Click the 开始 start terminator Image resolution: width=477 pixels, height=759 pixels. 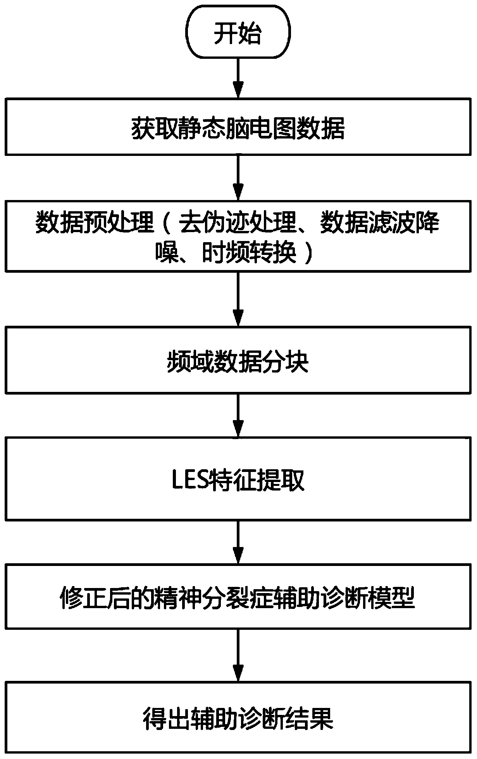pos(238,33)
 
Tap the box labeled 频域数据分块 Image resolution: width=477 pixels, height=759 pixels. pos(238,361)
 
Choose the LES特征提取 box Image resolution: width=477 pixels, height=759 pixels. pos(238,479)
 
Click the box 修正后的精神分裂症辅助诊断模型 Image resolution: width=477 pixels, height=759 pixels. pos(238,597)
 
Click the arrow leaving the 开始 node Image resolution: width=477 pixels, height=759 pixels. pos(238,79)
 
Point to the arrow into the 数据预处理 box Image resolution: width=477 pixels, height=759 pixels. pos(238,178)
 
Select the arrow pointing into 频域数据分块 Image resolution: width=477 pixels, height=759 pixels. pos(238,299)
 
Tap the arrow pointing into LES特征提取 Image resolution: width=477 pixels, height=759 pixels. pos(238,416)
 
